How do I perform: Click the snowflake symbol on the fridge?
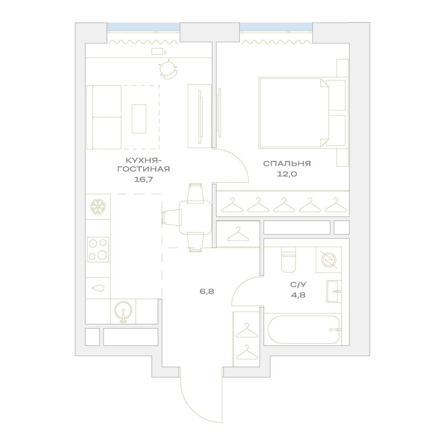[98, 207]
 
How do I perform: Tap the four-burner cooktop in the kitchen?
[98, 249]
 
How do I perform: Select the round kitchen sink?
[123, 312]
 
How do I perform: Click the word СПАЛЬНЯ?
[287, 164]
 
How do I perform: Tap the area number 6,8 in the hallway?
[207, 291]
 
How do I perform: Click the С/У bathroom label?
[298, 285]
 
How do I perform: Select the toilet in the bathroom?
[289, 259]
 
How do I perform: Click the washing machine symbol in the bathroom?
[329, 260]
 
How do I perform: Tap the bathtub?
[304, 330]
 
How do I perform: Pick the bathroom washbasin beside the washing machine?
[334, 291]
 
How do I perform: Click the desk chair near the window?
[168, 69]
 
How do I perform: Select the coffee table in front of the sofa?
[139, 119]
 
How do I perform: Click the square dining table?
[196, 217]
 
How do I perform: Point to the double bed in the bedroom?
[302, 113]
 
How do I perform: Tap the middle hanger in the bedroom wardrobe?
[284, 205]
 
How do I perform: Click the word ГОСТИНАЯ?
[144, 169]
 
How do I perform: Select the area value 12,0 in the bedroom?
[287, 174]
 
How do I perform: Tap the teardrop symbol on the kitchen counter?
[98, 288]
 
